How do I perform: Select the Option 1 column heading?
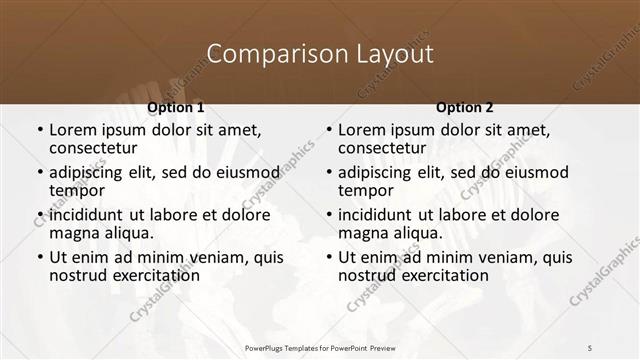[x=176, y=107]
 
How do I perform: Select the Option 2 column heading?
[x=465, y=107]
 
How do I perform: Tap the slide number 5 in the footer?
[x=589, y=347]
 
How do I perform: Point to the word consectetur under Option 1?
[x=96, y=148]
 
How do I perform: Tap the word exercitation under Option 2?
[x=443, y=275]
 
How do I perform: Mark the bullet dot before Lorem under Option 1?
[x=39, y=131]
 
